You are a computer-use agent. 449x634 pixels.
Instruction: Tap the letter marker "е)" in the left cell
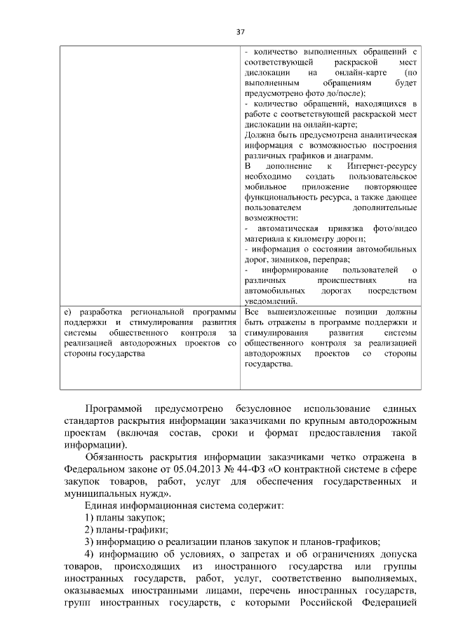[67, 311]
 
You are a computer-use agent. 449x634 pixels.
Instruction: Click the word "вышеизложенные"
[302, 311]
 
